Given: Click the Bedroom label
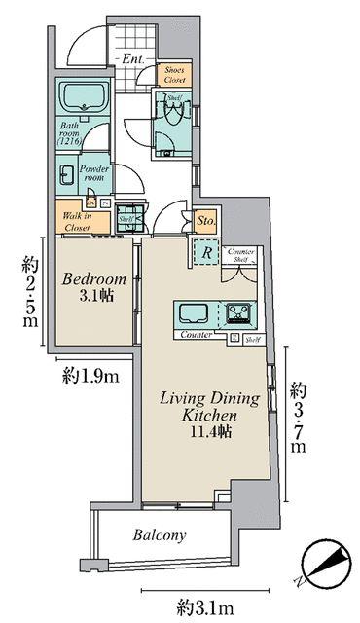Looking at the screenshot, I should tap(90, 278).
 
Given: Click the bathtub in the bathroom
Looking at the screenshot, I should tap(82, 97).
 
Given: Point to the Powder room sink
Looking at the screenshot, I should tap(68, 175).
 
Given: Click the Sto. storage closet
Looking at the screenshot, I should tap(204, 223).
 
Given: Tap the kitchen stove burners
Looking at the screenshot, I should tap(240, 314).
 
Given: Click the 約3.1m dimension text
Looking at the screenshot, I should tap(204, 607).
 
